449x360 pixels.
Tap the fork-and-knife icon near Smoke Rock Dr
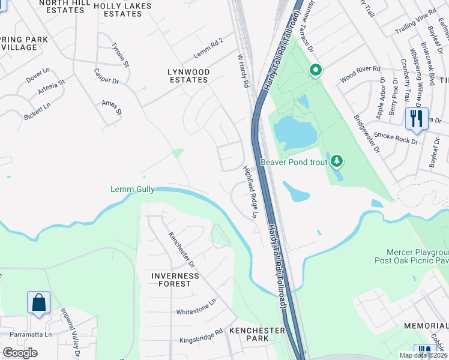point(416,119)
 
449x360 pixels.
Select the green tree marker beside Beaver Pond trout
point(337,161)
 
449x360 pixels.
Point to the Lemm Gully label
point(133,190)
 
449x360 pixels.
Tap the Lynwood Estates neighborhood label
point(189,76)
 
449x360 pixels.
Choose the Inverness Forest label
point(175,280)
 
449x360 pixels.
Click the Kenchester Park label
point(252,335)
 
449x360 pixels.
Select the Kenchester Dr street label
point(182,249)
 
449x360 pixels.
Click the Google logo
point(20,353)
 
